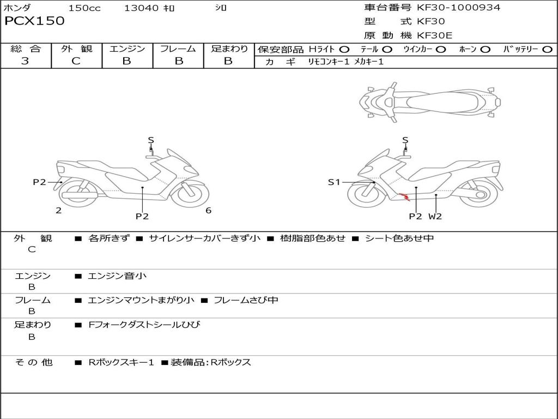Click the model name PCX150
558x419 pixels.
35,21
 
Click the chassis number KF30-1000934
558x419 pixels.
458,8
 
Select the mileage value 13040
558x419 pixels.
142,8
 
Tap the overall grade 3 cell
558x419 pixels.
25,61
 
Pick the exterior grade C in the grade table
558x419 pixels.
76,61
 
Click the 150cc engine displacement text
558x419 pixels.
84,8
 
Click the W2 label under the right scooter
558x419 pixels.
435,216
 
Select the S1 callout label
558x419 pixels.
334,182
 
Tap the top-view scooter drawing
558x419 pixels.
430,101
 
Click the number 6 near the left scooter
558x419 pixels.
208,211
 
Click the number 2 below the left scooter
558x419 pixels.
58,211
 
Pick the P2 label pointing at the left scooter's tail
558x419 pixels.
39,182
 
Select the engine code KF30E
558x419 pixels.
435,35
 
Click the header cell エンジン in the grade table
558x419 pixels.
128,49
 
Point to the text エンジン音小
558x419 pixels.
117,276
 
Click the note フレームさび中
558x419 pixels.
246,300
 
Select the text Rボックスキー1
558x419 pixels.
122,362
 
